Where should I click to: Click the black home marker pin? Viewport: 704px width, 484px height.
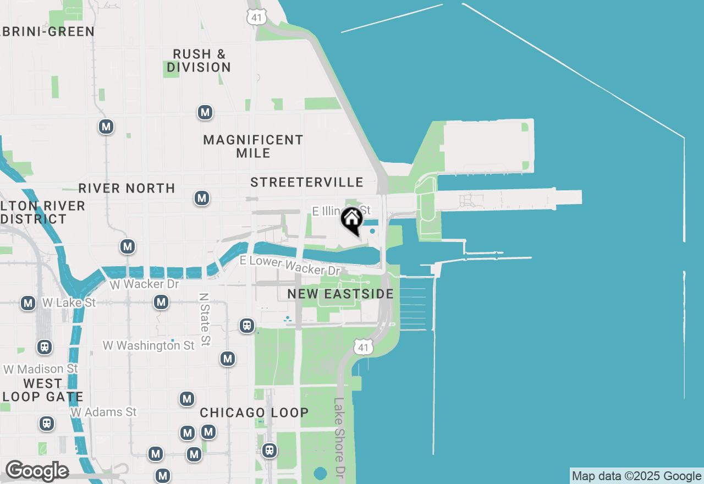[352, 220]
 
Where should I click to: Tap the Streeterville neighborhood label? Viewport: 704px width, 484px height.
[307, 182]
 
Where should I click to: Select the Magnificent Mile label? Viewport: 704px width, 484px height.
[253, 146]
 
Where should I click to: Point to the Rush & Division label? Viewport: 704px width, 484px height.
[199, 61]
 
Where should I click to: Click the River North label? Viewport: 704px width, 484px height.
[127, 188]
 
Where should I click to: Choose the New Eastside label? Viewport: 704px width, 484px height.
[340, 294]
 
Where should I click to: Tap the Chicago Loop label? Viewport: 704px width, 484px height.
[254, 413]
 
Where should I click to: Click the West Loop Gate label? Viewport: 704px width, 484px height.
[43, 389]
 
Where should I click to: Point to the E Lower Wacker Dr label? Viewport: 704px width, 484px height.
[290, 266]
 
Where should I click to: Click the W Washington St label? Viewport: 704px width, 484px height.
[148, 345]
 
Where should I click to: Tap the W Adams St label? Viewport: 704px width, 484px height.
[103, 411]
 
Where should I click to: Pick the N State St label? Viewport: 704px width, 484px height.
[205, 319]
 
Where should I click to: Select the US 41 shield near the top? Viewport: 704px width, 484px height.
[256, 16]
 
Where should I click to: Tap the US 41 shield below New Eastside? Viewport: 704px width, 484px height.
[362, 347]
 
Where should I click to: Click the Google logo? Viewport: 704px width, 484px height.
[37, 471]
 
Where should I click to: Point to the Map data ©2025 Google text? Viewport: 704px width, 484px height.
[636, 476]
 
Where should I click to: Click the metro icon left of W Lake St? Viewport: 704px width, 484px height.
[28, 303]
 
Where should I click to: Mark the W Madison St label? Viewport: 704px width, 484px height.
[41, 369]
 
